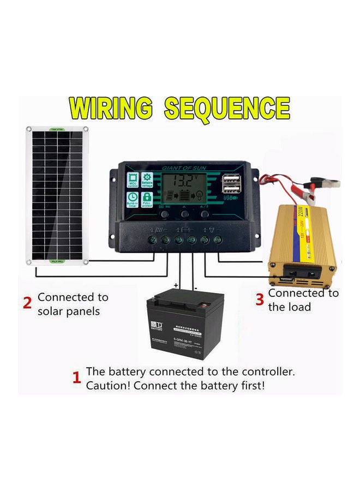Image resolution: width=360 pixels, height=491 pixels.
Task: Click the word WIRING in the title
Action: (112, 109)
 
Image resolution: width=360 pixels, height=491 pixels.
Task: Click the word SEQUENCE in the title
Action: (227, 109)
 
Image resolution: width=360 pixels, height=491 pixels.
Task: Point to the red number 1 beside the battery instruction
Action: (77, 378)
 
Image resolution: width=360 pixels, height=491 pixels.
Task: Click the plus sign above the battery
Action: (176, 285)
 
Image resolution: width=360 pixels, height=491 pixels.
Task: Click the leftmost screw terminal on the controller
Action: (152, 239)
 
